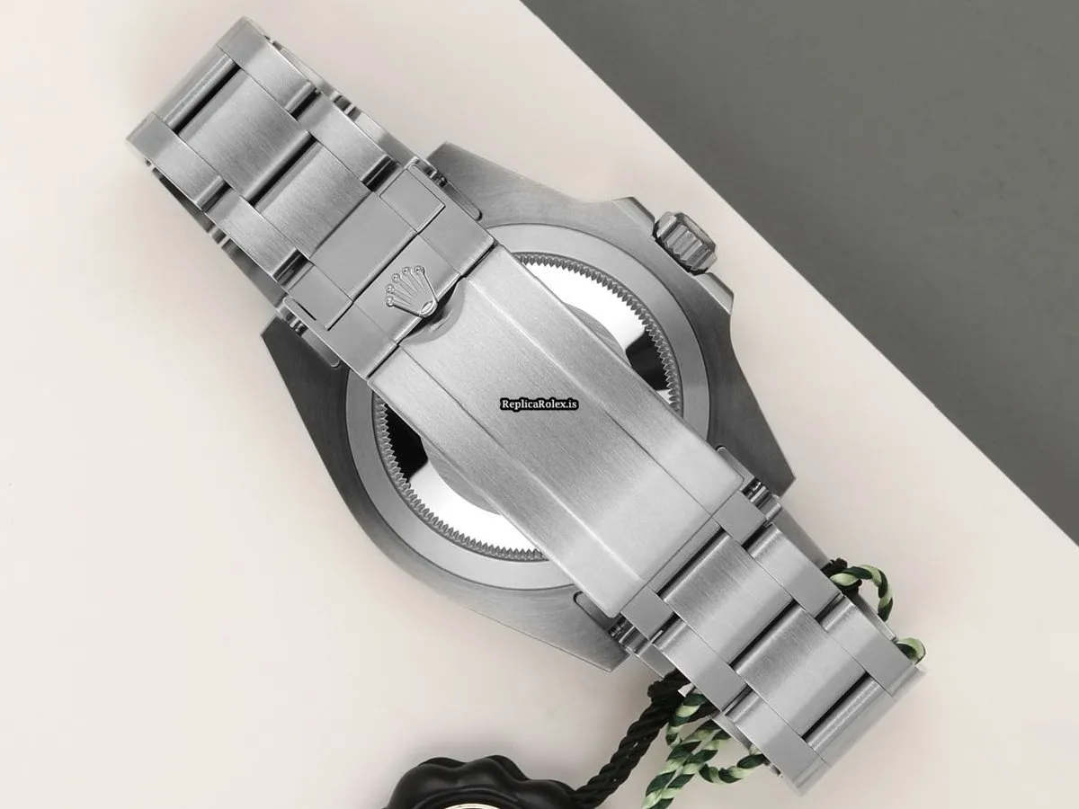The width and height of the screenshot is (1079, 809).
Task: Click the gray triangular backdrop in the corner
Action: coord(854,117)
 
